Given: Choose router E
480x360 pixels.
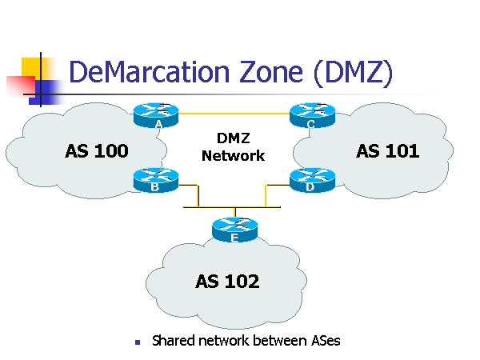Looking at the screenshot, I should point(234,230).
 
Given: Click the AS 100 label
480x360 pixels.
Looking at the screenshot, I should point(96,151).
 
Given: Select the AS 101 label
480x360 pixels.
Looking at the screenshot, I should point(387,151).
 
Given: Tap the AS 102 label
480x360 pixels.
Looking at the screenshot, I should point(227,281).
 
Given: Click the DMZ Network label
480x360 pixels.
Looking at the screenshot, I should point(233,148).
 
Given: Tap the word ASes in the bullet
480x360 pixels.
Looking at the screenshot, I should point(324,341).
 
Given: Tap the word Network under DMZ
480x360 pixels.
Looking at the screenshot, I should point(233,156).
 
